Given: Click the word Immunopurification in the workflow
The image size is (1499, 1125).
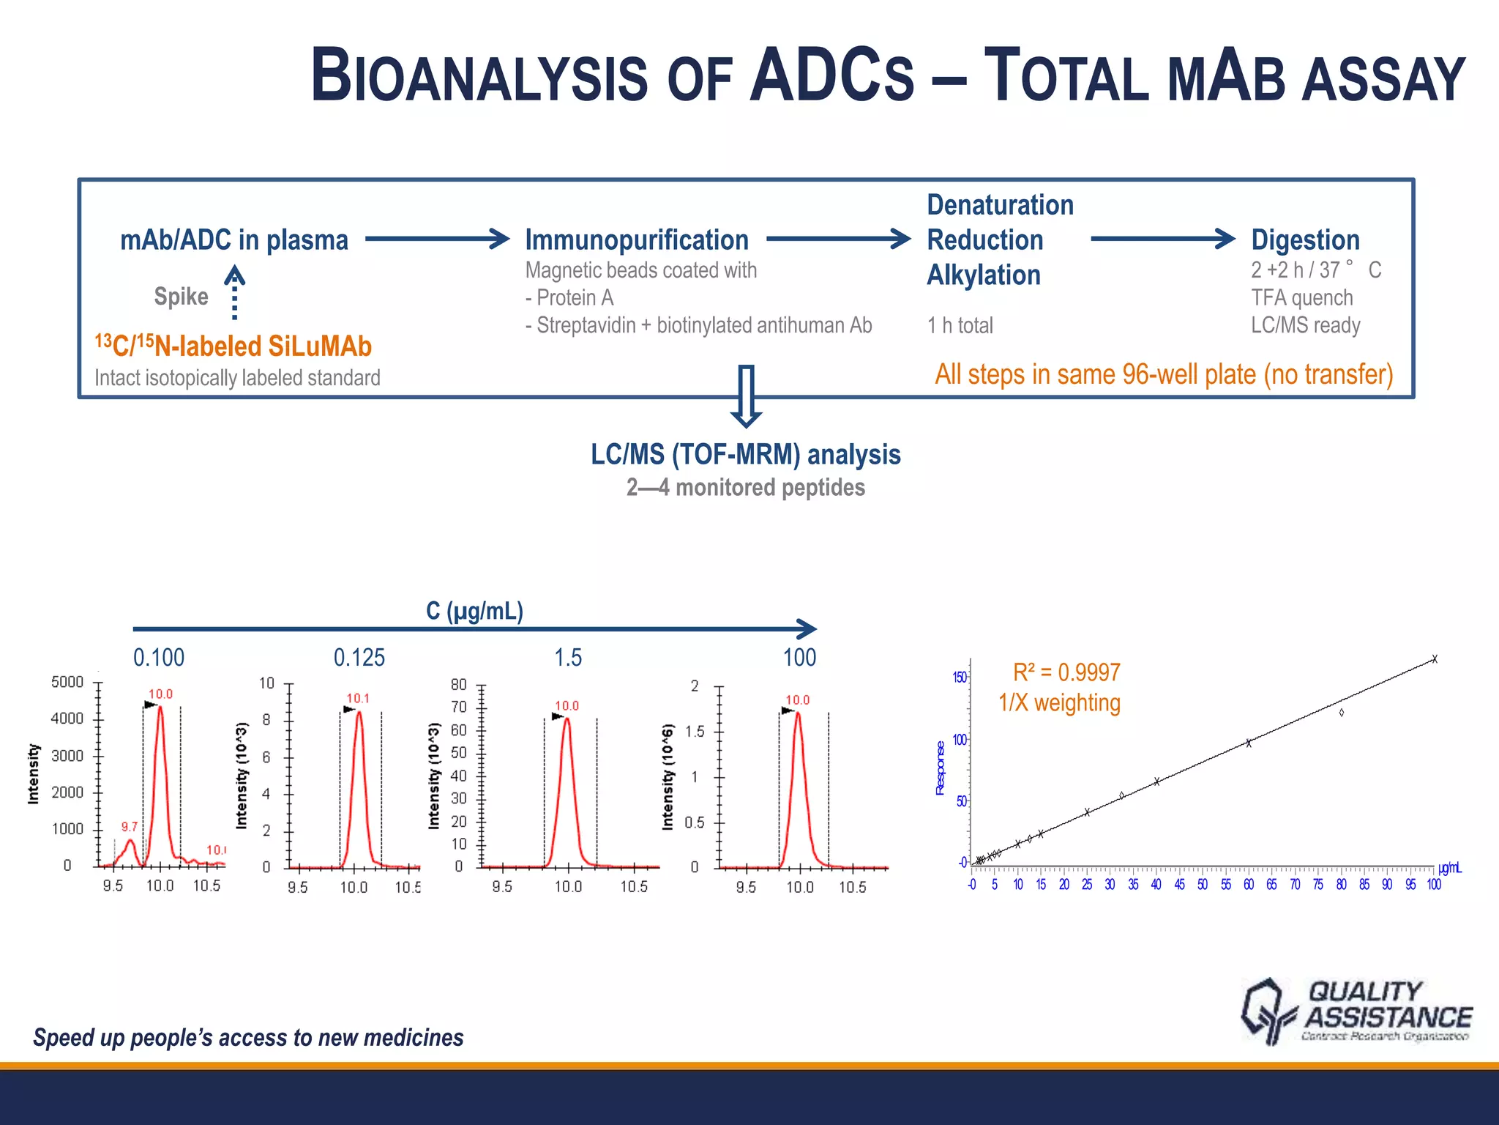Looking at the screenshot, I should [637, 240].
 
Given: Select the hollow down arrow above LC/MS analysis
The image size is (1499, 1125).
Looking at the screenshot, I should [746, 396].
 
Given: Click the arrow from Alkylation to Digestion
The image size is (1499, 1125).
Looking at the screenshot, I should [1162, 239].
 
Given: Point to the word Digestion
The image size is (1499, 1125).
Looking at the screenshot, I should [1305, 240].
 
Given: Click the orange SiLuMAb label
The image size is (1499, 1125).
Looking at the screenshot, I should [233, 346].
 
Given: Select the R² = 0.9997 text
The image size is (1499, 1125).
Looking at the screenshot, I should [1066, 672].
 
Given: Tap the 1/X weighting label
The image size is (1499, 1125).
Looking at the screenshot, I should [1059, 703].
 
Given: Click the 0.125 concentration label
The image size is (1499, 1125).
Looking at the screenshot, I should [359, 658].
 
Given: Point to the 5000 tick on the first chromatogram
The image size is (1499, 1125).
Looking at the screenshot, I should [67, 682].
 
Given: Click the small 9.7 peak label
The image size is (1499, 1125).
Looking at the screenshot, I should [129, 826].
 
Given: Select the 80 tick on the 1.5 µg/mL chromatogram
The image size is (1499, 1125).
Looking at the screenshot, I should [458, 684].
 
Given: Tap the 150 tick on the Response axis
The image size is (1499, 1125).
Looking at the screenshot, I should [959, 677].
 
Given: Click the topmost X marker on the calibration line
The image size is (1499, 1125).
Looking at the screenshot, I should [1435, 659].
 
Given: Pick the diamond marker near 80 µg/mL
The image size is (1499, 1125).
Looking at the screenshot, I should [1341, 712].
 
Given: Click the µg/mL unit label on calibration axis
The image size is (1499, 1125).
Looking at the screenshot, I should [1449, 869].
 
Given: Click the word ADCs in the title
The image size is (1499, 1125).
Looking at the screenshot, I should [831, 76].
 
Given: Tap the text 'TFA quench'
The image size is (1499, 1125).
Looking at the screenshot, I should [1301, 297].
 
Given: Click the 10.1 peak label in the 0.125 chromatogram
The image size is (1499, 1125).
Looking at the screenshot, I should [358, 698].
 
